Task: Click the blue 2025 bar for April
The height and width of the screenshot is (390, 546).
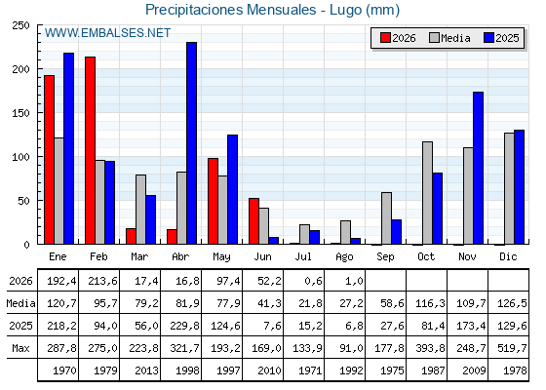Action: pyautogui.click(x=191, y=143)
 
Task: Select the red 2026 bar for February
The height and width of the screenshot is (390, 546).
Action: pyautogui.click(x=90, y=150)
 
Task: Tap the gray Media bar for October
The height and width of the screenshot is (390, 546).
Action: pyautogui.click(x=427, y=193)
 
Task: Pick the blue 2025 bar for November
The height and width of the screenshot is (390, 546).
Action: pyautogui.click(x=478, y=168)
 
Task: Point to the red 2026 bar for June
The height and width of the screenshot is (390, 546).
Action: pyautogui.click(x=253, y=221)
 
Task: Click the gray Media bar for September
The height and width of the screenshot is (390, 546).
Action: pyautogui.click(x=386, y=218)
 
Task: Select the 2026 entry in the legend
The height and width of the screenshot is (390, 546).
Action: pyautogui.click(x=398, y=38)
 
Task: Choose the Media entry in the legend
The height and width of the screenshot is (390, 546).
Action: pyautogui.click(x=449, y=38)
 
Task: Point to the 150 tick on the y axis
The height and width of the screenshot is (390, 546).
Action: pyautogui.click(x=20, y=113)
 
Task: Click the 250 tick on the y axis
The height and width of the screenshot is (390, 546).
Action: pyautogui.click(x=20, y=25)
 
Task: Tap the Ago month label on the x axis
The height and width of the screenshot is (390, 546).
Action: pyautogui.click(x=344, y=257)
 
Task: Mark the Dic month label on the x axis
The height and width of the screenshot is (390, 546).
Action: pyautogui.click(x=508, y=256)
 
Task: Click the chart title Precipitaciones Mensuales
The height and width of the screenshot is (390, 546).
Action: pyautogui.click(x=230, y=10)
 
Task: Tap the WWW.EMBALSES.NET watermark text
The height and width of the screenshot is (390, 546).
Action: pyautogui.click(x=107, y=33)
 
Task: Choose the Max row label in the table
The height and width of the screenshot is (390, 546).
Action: pyautogui.click(x=20, y=348)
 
